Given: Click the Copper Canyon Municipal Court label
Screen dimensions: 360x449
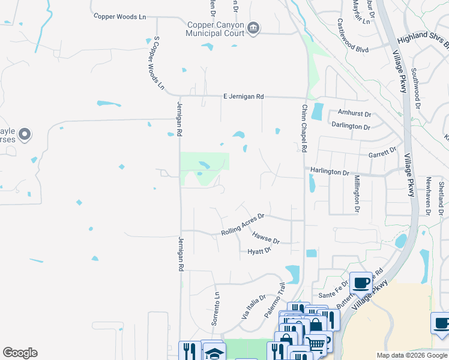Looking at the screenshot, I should (215, 29).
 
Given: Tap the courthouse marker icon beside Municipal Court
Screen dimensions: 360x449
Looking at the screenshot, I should (253, 28).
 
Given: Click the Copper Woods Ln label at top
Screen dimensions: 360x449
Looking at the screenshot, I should (120, 17).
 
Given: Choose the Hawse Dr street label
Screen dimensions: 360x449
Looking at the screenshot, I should (266, 238).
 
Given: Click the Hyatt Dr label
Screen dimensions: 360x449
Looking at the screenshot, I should (259, 251).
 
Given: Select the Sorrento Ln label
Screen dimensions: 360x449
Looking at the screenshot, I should (215, 309).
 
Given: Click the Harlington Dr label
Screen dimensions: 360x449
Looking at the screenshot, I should (330, 172).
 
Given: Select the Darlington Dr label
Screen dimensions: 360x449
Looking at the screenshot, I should (351, 127).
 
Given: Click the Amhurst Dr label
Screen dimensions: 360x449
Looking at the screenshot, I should (355, 113).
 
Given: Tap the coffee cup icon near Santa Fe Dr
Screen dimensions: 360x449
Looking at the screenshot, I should (361, 283).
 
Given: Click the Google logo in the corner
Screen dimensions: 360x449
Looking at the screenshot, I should (20, 353).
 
